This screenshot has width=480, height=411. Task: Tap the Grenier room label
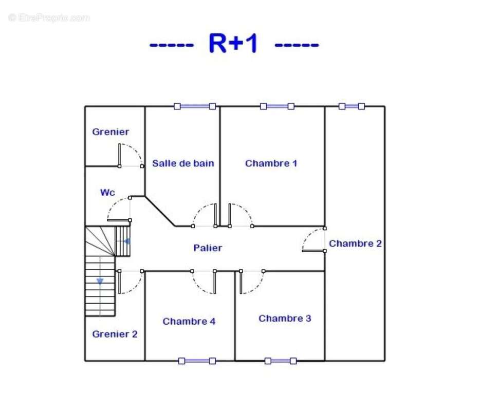coord(110,132)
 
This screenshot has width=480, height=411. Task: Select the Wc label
coord(107,193)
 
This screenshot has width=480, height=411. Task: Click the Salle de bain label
coord(183,163)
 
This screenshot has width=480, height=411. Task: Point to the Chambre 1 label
coord(271,163)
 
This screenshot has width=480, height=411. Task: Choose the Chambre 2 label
coord(355,244)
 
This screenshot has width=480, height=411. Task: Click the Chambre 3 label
coord(285,319)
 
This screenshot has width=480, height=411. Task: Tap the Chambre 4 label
coord(189,321)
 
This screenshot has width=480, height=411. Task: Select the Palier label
coord(208,248)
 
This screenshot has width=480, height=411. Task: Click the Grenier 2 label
coord(115,334)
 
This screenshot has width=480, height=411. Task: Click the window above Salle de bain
coord(195,106)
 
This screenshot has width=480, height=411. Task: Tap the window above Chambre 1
coord(277,106)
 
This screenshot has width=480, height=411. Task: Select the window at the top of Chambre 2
coord(352,106)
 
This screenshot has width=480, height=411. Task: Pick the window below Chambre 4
coord(197,361)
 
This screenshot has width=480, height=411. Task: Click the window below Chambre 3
coord(281,361)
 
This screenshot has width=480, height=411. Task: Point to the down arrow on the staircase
coord(100,281)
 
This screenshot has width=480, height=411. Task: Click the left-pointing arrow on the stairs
coord(126,241)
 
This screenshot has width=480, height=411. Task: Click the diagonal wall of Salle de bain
coord(160,211)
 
